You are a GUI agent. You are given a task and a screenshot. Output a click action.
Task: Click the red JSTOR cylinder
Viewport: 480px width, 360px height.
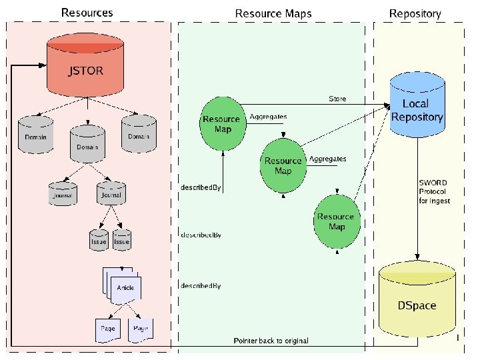(x=85, y=67)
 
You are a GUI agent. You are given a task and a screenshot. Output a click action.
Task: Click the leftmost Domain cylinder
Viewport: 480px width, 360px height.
(x=36, y=134)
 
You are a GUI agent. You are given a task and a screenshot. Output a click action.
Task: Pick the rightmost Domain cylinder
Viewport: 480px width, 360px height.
(x=139, y=133)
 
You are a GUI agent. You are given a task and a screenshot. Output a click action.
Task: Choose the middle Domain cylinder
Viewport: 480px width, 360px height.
(x=87, y=144)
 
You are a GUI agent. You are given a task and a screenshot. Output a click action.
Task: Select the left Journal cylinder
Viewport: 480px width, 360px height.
(x=63, y=194)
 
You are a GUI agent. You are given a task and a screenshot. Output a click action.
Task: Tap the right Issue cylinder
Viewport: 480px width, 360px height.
(x=121, y=239)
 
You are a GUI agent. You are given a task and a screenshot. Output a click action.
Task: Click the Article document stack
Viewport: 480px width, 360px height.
(x=124, y=286)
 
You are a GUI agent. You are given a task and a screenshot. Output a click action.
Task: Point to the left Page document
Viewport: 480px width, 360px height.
(x=107, y=329)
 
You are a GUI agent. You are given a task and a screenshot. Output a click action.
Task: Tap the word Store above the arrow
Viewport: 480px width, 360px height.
(x=337, y=99)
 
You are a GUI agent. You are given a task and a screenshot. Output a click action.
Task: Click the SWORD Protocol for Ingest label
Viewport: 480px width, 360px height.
(x=434, y=191)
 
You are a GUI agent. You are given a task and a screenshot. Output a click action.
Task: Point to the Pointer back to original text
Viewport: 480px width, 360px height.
(x=271, y=341)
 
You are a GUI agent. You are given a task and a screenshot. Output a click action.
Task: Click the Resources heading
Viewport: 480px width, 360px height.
(x=87, y=13)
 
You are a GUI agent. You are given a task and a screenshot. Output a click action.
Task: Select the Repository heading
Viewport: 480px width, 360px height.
(x=415, y=13)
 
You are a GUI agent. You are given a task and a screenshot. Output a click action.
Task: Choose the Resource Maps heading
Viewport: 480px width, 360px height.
(x=273, y=13)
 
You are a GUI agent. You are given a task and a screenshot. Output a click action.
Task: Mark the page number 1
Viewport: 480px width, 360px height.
(x=458, y=338)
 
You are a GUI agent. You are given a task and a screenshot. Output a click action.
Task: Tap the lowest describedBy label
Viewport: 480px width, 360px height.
(x=201, y=285)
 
